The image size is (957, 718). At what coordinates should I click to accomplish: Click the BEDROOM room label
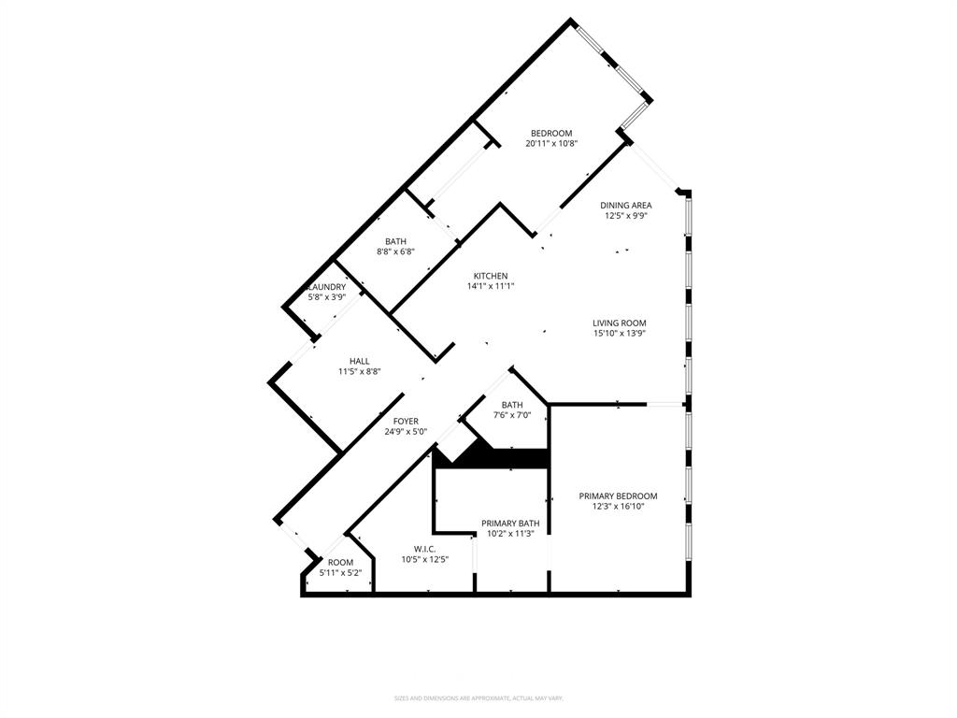coord(551,133)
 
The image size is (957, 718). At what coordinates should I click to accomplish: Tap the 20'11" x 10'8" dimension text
coord(551,144)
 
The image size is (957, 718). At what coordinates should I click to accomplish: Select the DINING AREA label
coord(626,205)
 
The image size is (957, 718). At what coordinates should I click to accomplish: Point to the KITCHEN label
coord(491,276)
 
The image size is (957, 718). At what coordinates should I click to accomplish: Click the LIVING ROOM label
coord(620,323)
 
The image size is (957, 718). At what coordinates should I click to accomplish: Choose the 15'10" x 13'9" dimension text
coord(620,334)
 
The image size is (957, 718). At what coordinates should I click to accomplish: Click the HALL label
coord(360,361)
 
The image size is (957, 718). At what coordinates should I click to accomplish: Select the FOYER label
coord(406,422)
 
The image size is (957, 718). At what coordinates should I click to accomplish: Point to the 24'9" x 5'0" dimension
coord(406,432)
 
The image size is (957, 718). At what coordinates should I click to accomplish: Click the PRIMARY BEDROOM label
coord(618,496)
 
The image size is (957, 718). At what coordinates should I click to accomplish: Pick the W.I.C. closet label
coord(425,549)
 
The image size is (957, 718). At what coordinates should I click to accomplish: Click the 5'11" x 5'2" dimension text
coord(340,573)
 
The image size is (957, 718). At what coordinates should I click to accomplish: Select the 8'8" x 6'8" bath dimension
coord(395,251)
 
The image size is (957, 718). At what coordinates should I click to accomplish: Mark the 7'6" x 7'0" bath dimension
coord(512,415)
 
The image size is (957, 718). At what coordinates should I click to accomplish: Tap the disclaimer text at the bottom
coord(478,698)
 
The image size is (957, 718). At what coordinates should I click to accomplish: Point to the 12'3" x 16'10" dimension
coord(618,507)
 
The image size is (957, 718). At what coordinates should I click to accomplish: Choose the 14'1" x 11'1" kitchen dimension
coord(491,286)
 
